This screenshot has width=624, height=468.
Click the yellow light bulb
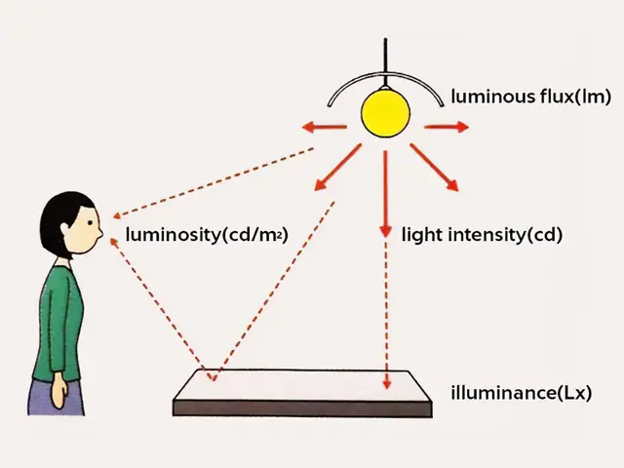385,113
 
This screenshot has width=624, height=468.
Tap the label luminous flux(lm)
530,97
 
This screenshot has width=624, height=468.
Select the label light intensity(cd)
482,234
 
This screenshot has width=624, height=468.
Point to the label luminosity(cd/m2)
207,234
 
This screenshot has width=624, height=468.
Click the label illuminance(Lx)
522,393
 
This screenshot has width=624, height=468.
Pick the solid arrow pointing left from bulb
325,128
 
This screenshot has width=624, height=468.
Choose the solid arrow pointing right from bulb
447,127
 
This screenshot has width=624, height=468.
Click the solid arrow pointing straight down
385,194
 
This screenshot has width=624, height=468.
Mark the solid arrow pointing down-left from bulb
338,167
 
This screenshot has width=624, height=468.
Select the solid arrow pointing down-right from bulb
434,168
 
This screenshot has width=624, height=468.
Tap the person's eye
91,223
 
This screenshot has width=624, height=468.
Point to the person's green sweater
58,323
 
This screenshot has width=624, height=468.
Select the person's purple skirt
56,398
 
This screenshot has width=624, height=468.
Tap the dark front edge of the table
302,409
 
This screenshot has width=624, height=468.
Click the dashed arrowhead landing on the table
386,384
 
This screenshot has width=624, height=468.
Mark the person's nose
99,233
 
